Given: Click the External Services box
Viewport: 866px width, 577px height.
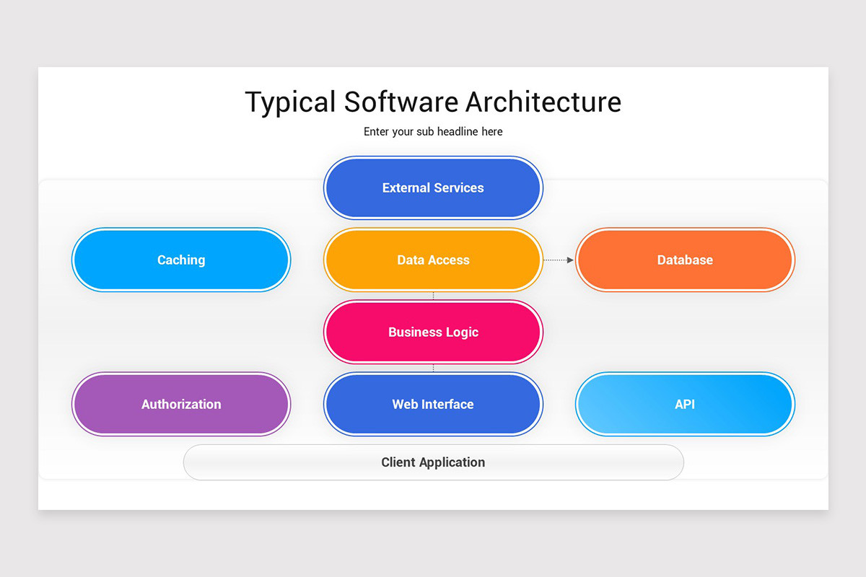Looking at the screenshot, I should (433, 188).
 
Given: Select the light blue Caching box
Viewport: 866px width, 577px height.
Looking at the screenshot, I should (181, 260).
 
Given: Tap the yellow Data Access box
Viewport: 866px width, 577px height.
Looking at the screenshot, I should (433, 260).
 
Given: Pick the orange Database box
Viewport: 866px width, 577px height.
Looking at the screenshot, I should (685, 260).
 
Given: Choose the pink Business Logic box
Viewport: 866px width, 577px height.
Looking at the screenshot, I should (433, 332).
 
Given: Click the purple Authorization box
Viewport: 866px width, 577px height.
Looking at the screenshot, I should (181, 404).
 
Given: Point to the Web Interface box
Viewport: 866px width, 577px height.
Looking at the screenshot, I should (433, 404).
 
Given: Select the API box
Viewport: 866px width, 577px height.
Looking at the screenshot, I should (685, 404).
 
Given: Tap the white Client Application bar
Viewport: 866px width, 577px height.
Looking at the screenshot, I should (433, 462).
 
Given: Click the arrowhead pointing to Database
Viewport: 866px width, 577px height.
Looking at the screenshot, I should (570, 260).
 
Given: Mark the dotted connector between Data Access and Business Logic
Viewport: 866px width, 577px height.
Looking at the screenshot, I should (433, 296).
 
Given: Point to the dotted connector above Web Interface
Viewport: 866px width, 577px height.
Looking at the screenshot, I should (433, 368).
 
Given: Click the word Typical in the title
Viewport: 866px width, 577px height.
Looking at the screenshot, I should (290, 102).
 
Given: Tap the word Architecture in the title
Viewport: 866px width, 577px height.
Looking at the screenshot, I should (543, 102).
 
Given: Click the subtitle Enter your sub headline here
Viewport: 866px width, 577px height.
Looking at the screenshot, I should (433, 131).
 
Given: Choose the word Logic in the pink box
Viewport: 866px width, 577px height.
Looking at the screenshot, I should (463, 332).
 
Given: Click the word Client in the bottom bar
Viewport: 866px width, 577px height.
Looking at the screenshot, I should (397, 462).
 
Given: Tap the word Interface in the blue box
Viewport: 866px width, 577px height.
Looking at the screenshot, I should (449, 404).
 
